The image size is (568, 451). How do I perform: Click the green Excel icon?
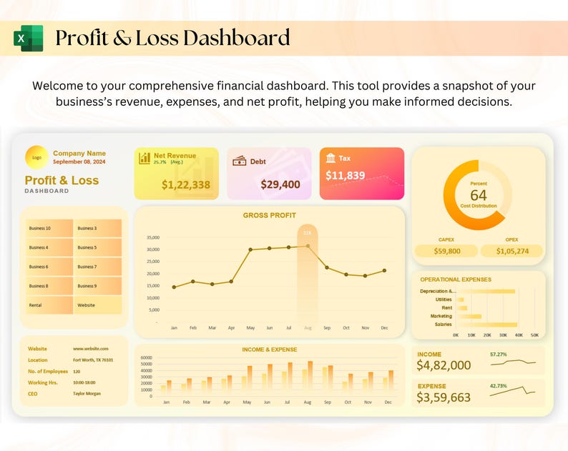29,38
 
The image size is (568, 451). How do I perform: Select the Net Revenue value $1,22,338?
186,185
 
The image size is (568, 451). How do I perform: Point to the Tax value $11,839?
346,175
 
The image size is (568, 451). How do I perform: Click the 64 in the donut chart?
478,195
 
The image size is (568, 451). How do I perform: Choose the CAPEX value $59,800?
447,251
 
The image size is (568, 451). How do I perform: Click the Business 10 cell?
40,229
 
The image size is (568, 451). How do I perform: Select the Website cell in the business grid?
87,305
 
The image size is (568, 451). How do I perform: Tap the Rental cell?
36,305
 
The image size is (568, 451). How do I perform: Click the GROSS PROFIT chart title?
269,215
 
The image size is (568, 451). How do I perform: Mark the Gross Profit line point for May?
250,249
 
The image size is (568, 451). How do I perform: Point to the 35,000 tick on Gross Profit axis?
152,237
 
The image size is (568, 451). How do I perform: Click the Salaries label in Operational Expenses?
443,324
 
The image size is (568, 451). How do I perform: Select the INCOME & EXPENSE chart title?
270,350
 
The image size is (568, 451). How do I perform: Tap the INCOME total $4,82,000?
444,365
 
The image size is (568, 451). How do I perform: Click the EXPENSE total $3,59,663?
444,397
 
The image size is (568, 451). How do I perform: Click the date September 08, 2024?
79,162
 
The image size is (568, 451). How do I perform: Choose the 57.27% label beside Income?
498,354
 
